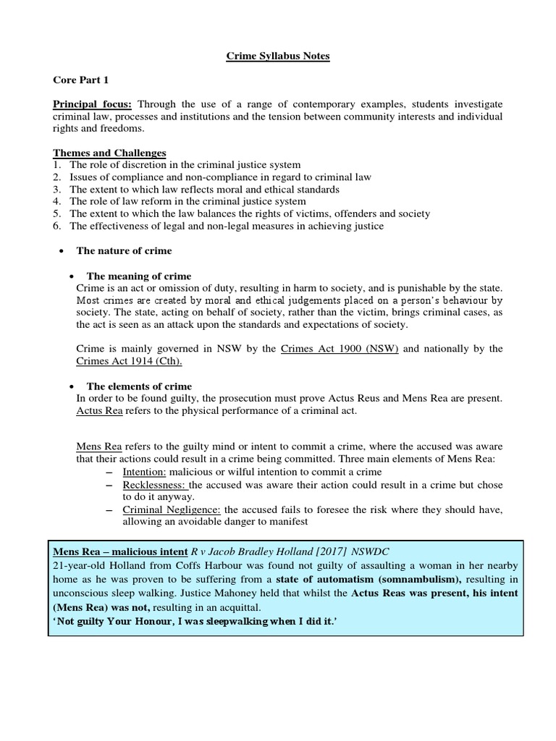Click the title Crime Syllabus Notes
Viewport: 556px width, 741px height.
[x=278, y=56]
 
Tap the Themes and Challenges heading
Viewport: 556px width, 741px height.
[x=109, y=153]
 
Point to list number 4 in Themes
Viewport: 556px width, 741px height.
[x=57, y=201]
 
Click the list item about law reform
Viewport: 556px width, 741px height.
[x=188, y=201]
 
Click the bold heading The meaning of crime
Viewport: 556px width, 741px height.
[x=138, y=276]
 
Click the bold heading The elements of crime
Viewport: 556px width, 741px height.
[x=139, y=386]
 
